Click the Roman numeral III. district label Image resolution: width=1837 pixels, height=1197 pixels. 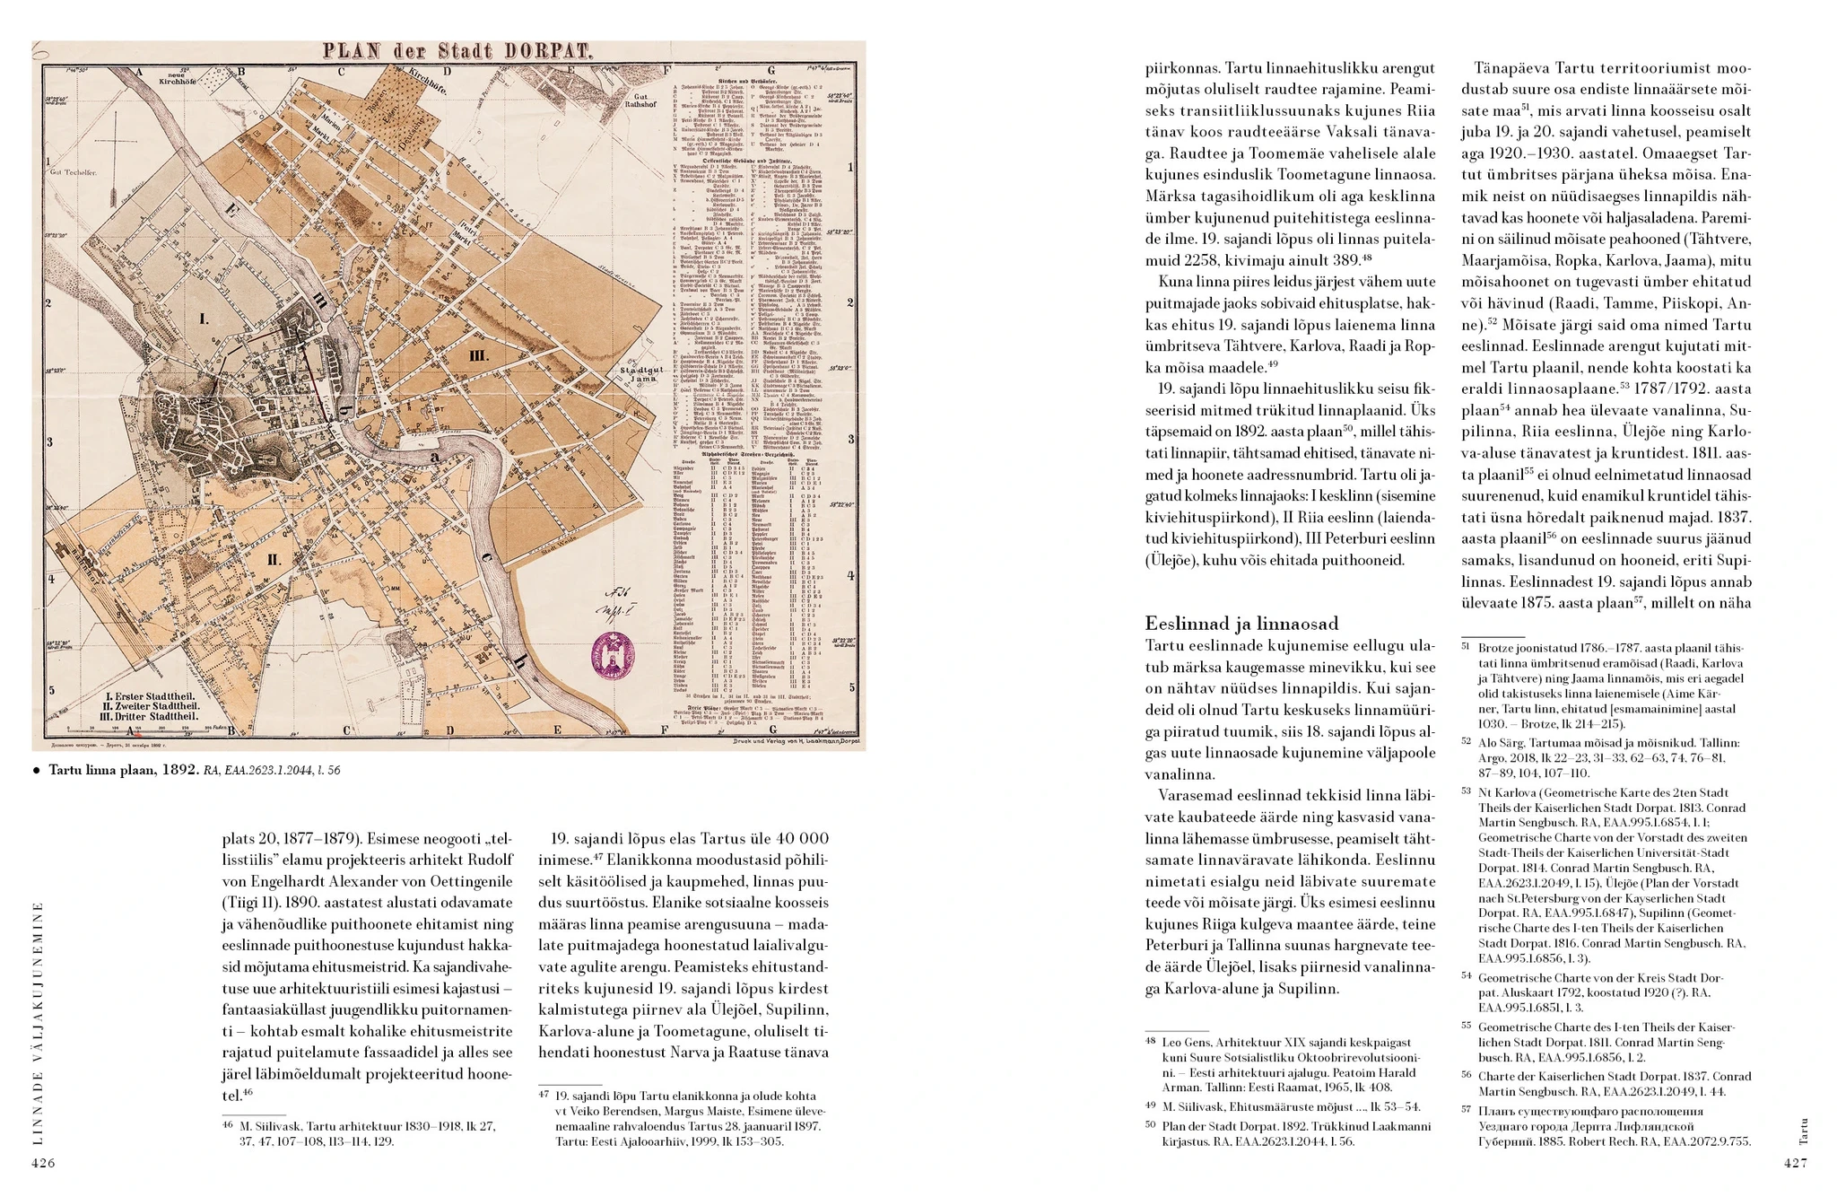pyautogui.click(x=479, y=355)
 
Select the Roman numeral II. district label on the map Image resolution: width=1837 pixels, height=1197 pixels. pyautogui.click(x=274, y=560)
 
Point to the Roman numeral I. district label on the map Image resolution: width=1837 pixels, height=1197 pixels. pyautogui.click(x=204, y=319)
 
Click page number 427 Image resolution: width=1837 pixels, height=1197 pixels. pyautogui.click(x=1795, y=1163)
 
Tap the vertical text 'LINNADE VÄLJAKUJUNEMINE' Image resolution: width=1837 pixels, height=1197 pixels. pyautogui.click(x=37, y=1022)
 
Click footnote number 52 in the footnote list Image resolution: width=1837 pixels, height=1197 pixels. pyautogui.click(x=1467, y=742)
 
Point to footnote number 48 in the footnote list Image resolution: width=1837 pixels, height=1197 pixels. pyautogui.click(x=1151, y=1042)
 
